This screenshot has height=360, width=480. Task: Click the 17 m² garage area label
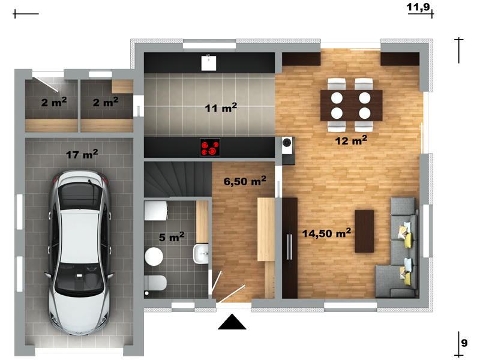pyautogui.click(x=82, y=154)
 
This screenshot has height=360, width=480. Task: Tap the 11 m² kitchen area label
pyautogui.click(x=221, y=108)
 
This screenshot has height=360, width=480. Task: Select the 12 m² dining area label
pyautogui.click(x=351, y=140)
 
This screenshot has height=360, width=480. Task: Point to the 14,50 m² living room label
pyautogui.click(x=326, y=233)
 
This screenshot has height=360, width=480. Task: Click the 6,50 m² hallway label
pyautogui.click(x=245, y=181)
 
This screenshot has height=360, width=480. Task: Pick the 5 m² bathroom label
pyautogui.click(x=172, y=236)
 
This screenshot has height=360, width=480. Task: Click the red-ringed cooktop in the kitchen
pyautogui.click(x=210, y=148)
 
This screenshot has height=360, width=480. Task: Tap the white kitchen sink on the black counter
pyautogui.click(x=209, y=63)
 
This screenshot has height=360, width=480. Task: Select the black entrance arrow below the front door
pyautogui.click(x=232, y=322)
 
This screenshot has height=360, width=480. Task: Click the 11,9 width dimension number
pyautogui.click(x=418, y=7)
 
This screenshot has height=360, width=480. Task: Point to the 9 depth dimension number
pyautogui.click(x=464, y=343)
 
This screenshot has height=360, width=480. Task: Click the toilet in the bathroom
pyautogui.click(x=155, y=283)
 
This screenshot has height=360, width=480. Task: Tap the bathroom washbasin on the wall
pyautogui.click(x=201, y=253)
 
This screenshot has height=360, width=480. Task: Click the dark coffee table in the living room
pyautogui.click(x=364, y=231)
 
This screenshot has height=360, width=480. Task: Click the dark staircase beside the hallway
pyautogui.click(x=178, y=179)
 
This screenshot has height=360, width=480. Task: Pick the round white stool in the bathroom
pyautogui.click(x=154, y=257)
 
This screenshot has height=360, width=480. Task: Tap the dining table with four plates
pyautogui.click(x=352, y=106)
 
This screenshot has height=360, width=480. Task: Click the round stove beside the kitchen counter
pyautogui.click(x=287, y=142)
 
